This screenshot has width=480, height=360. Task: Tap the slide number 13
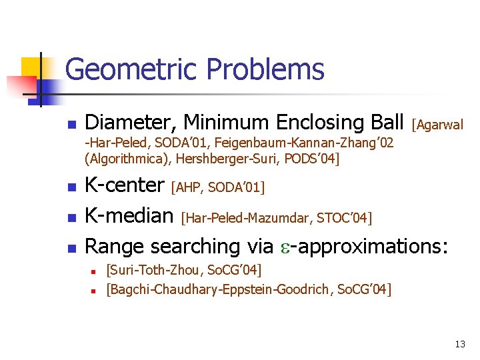[x=460, y=344]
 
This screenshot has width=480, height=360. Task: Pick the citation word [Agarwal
[x=437, y=124]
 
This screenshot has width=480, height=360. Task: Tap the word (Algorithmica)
[x=127, y=159]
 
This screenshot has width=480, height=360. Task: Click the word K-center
[x=125, y=184]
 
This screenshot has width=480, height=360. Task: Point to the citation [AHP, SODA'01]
[x=218, y=187]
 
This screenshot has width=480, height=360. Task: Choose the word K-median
[x=129, y=215]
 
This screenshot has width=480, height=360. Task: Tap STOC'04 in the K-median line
[x=344, y=218]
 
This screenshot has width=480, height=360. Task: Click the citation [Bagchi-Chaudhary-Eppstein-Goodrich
[x=221, y=289]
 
